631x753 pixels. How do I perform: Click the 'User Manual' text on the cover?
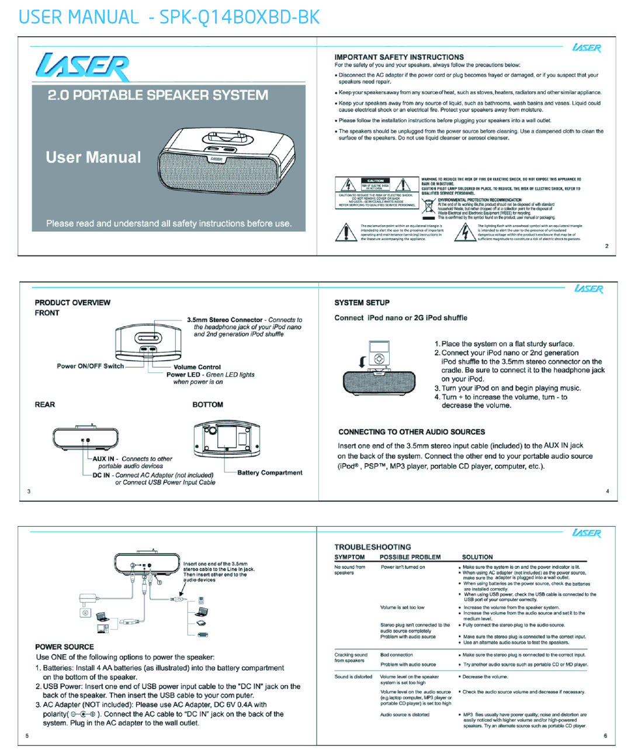click(93, 157)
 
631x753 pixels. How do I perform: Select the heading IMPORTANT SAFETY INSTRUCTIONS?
click(399, 57)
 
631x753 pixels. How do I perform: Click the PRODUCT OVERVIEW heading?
click(72, 303)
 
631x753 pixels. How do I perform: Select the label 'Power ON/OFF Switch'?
click(90, 366)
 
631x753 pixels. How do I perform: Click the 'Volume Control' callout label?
click(197, 367)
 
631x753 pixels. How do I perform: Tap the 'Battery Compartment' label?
click(270, 472)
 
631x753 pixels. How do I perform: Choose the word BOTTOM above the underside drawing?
click(208, 405)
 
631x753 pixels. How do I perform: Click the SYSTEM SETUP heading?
click(362, 303)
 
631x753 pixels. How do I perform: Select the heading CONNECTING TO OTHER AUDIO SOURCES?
click(411, 432)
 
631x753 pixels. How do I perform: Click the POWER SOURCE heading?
click(64, 647)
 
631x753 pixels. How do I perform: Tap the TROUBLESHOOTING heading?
click(373, 547)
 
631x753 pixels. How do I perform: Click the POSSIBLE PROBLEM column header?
click(410, 557)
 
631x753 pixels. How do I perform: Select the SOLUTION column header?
click(477, 557)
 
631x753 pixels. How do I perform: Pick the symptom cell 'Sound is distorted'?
click(353, 677)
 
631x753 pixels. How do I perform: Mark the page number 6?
click(605, 735)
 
